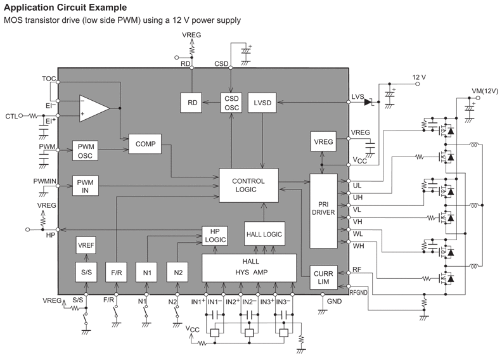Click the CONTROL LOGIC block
click(248, 185)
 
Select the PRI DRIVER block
click(324, 211)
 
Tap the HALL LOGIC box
click(264, 234)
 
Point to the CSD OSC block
click(231, 102)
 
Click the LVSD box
click(262, 102)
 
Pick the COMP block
click(145, 144)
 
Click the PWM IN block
click(85, 186)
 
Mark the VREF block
click(86, 246)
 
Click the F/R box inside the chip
click(116, 273)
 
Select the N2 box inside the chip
click(178, 273)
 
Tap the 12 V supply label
click(419, 77)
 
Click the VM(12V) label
click(486, 91)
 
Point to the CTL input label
click(11, 116)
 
